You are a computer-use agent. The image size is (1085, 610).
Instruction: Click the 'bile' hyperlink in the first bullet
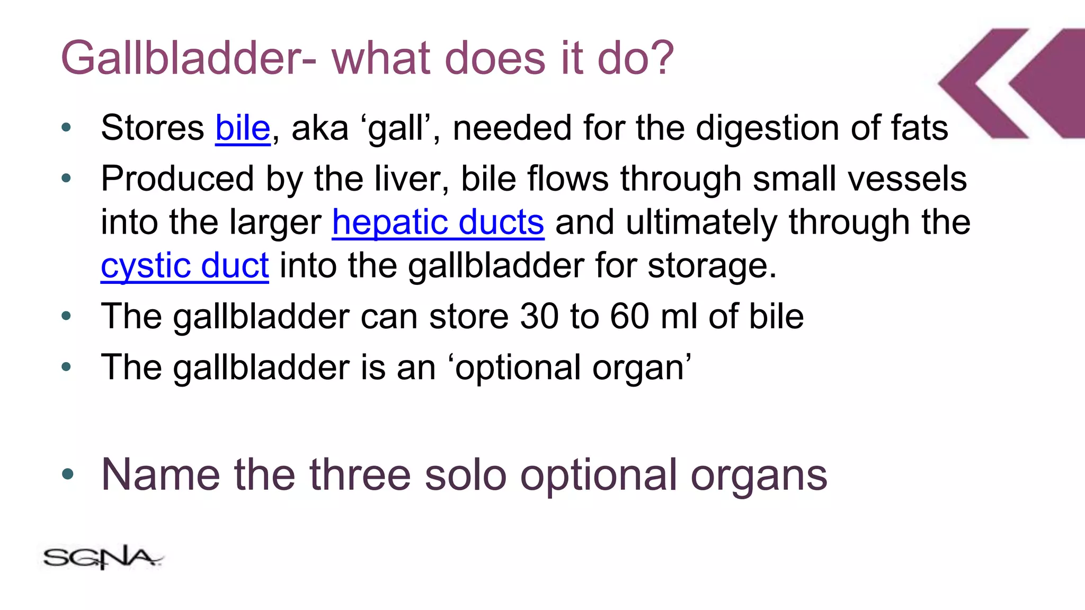243,128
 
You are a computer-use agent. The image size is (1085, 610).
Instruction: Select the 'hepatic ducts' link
438,222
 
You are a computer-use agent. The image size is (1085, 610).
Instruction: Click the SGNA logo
102,558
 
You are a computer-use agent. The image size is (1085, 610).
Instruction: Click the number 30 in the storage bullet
539,317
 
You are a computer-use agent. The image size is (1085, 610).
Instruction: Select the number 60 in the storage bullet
629,317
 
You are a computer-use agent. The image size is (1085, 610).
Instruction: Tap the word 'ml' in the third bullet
679,317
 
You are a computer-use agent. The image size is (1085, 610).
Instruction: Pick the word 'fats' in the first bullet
919,128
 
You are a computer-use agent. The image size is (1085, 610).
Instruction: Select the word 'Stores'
153,128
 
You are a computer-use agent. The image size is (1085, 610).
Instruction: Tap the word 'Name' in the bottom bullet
161,474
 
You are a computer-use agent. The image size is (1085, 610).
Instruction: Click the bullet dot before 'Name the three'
67,473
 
